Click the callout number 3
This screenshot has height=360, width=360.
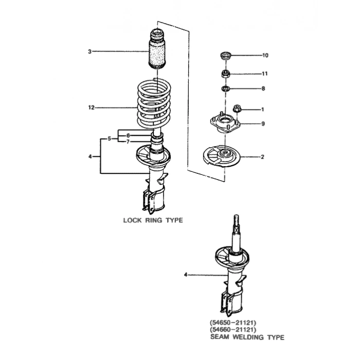[89, 51]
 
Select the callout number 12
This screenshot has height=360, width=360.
[92, 108]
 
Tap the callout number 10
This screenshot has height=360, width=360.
[265, 55]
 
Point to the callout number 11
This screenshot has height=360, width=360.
[265, 74]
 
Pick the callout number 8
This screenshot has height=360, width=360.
[263, 88]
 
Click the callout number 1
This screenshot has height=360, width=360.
[262, 110]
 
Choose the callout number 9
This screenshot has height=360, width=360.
[263, 123]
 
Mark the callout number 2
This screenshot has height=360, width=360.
[262, 157]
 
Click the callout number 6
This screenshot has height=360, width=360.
[128, 135]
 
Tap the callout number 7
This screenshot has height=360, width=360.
[128, 141]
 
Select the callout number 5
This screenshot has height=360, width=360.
[110, 138]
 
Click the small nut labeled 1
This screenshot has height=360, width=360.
[237, 109]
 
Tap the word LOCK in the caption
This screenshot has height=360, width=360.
[132, 220]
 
